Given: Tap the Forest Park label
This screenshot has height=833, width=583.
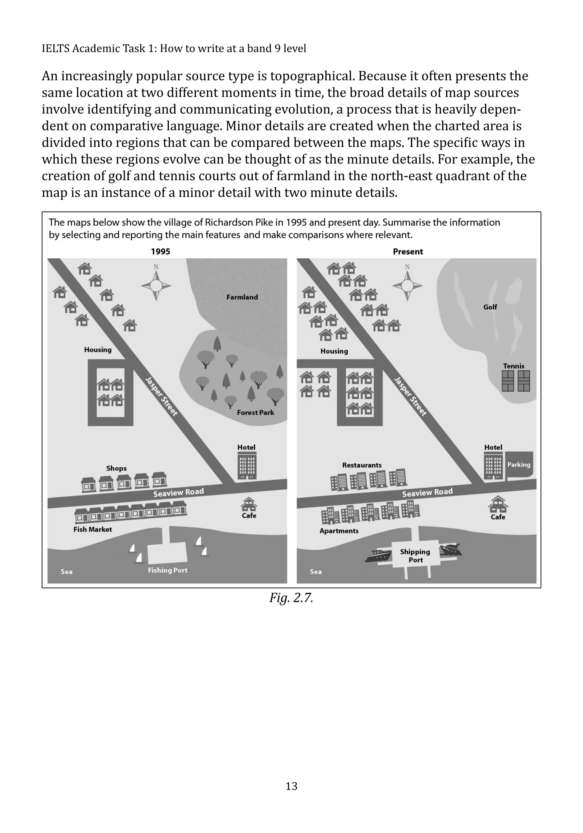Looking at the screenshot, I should (255, 413).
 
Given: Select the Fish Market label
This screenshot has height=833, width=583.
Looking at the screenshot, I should (93, 529).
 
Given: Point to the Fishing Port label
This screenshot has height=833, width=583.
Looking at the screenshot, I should (168, 570).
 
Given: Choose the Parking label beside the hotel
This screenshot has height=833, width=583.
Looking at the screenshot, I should (518, 465).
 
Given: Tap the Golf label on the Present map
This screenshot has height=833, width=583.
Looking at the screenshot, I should (490, 307).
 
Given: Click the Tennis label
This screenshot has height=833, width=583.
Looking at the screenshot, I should (514, 366).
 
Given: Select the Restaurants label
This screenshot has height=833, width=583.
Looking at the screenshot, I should (362, 465).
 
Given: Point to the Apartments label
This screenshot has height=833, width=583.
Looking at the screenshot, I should (339, 531).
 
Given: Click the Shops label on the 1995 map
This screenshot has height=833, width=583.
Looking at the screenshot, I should (116, 468).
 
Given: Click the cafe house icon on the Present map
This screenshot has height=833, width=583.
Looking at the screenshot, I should (498, 504).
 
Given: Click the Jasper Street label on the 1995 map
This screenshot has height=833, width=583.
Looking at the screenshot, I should (161, 396).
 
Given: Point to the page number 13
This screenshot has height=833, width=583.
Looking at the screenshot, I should (291, 786).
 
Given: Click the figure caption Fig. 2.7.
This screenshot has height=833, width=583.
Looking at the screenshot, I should (291, 598).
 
